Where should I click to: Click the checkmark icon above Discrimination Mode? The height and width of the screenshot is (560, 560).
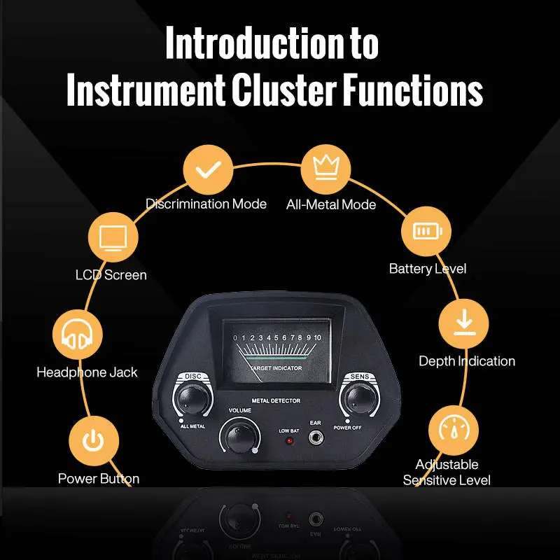pos(207,171)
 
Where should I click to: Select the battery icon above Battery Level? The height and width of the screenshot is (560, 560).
pos(426,232)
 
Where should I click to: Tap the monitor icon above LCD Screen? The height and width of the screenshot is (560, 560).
pos(113,238)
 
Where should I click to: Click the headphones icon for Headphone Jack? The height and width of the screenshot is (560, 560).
pos(78,335)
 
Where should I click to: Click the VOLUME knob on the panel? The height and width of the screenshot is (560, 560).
pos(237,437)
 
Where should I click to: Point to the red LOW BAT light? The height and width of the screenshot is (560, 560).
pos(288,443)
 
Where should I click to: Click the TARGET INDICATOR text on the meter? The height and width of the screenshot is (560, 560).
pos(274,367)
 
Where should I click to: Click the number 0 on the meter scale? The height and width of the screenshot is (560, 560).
pos(236,338)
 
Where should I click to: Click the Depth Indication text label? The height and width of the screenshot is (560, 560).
pos(467,361)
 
